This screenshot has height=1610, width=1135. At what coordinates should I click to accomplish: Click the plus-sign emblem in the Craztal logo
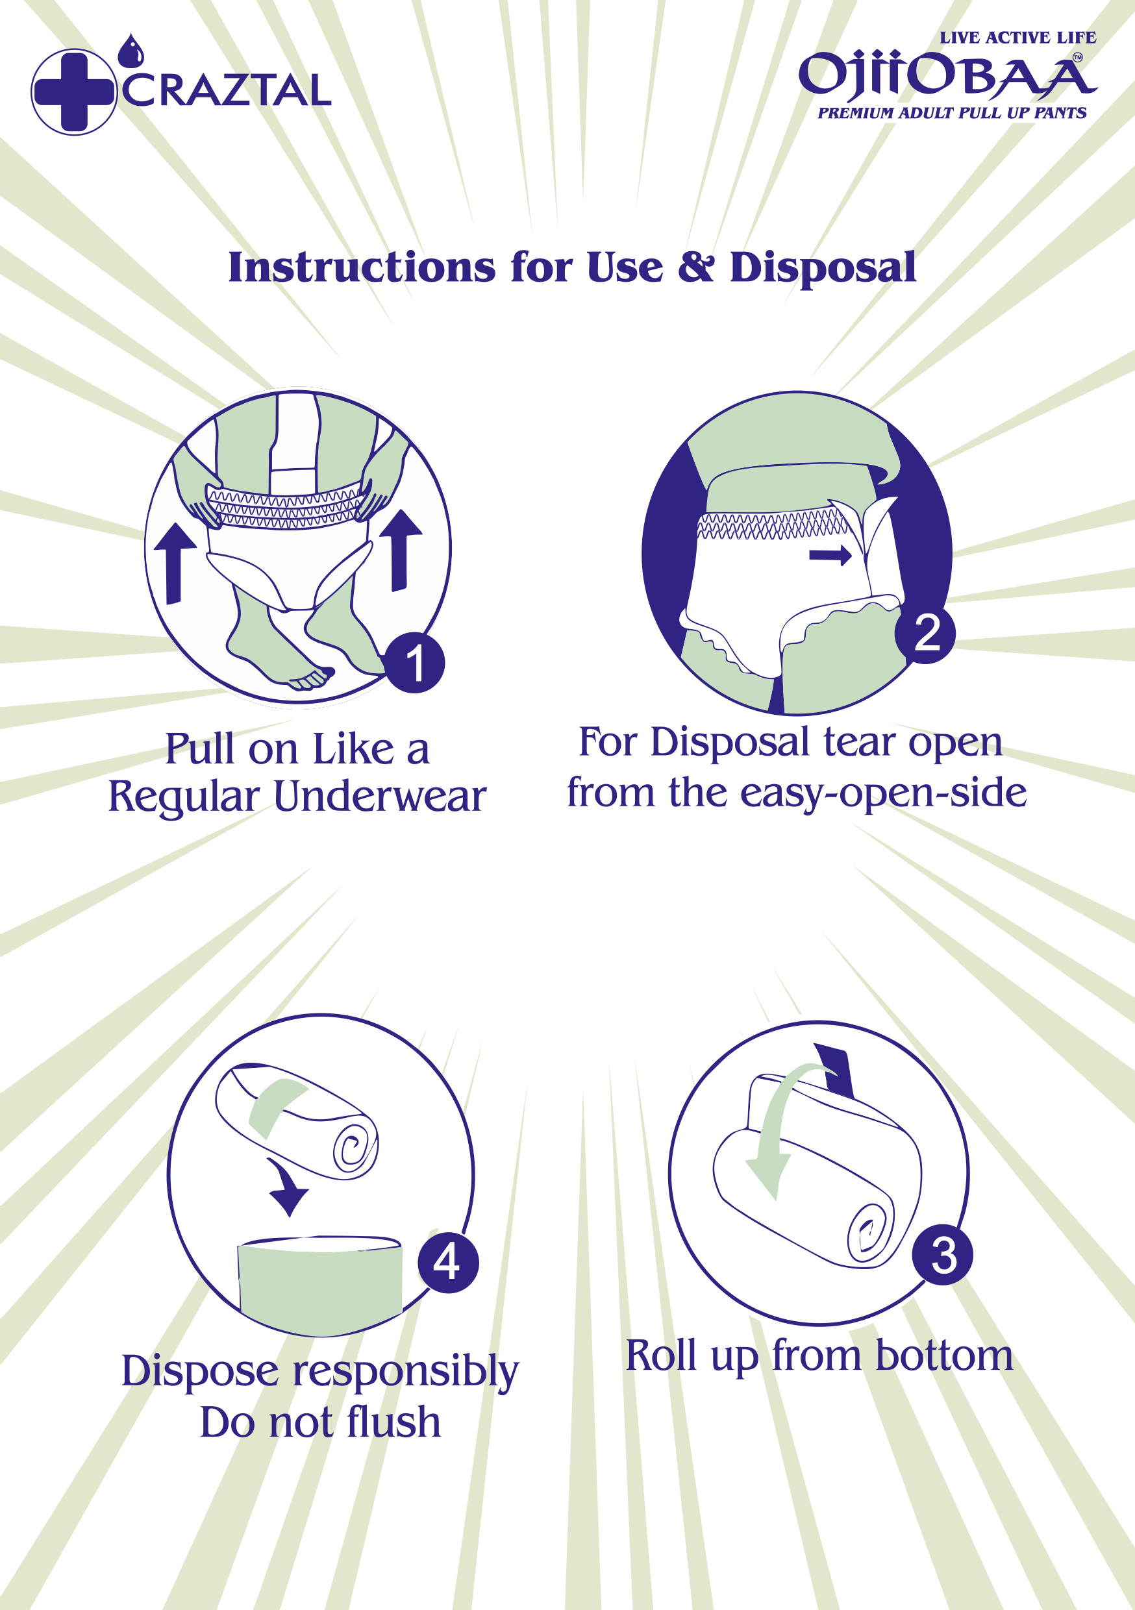coord(73,92)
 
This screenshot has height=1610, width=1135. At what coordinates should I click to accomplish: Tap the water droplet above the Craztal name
coord(131,51)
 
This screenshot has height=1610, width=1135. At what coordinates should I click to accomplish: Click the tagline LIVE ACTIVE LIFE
coord(1018,38)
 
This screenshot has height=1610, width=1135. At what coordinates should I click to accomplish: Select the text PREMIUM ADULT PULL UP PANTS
coord(952,113)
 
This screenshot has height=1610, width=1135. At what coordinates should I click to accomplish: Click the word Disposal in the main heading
coord(823,268)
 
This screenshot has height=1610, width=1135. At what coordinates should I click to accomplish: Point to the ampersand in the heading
coord(696,267)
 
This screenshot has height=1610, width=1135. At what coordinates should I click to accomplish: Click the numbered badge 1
coord(414,663)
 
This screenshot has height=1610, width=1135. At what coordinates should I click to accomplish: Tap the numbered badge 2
coord(925,632)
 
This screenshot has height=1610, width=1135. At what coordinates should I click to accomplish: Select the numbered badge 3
coord(943,1254)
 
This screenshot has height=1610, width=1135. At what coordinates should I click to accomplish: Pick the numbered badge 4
coord(448,1262)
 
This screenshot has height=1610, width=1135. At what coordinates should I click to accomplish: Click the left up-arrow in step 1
coord(174,563)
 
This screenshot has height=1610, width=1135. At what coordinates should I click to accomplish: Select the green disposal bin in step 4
coord(321,1285)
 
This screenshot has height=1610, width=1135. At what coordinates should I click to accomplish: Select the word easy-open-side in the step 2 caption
coord(883,794)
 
